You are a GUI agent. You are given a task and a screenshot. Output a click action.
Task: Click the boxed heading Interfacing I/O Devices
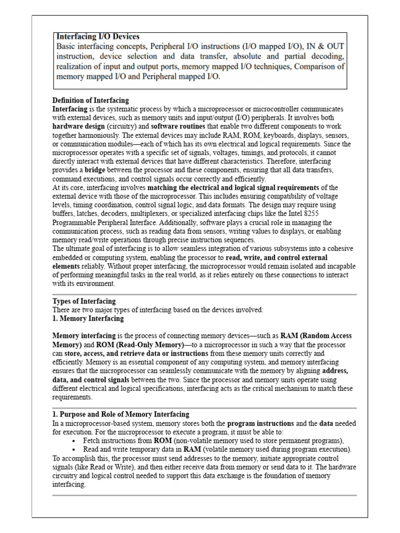point(97,37)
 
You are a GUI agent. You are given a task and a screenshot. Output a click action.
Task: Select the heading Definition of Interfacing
point(91,100)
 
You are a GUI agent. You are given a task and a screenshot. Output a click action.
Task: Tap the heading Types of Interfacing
point(84,301)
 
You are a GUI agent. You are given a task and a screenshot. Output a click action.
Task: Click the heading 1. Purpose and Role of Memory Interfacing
point(121,414)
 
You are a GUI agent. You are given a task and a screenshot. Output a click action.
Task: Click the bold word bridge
point(95,170)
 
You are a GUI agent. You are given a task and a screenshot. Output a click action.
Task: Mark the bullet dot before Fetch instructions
point(75,441)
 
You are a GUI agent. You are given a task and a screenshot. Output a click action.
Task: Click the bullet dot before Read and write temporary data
point(75,450)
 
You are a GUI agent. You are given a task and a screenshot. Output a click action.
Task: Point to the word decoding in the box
point(328,56)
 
